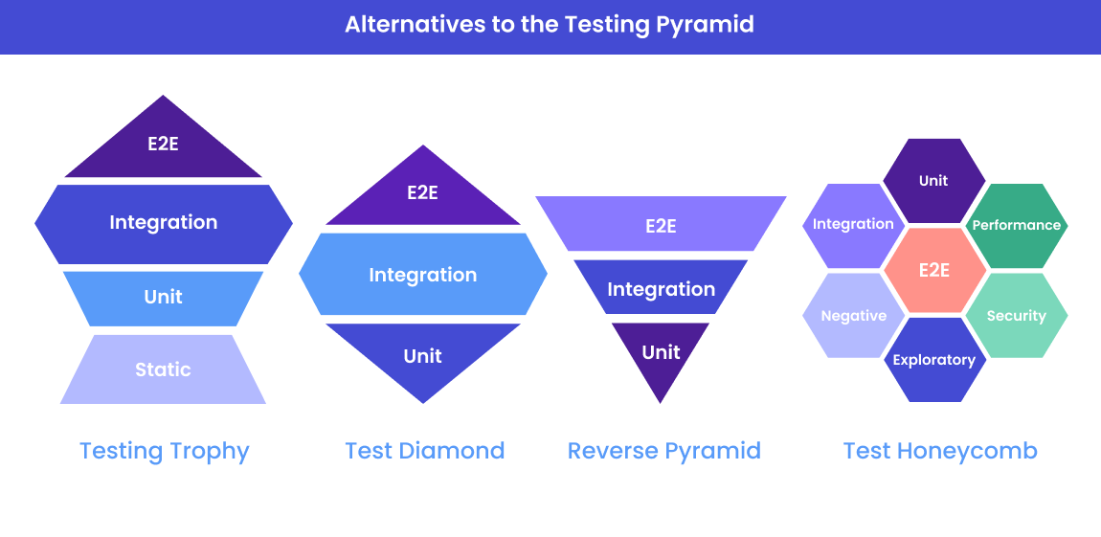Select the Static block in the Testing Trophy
pos(163,369)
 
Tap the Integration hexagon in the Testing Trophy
pos(163,223)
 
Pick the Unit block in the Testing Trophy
pos(163,298)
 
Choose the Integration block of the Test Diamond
pos(422,275)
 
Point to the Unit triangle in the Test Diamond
pos(422,357)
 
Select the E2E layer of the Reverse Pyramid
pos(661,226)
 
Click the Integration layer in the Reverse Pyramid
pos(661,288)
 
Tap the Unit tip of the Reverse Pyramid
pos(661,353)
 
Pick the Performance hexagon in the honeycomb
pos(1016,225)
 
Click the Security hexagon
pos(1016,316)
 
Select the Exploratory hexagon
pos(933,360)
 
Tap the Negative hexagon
pos(853,316)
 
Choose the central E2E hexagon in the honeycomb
pos(934,270)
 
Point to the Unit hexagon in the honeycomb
pos(933,181)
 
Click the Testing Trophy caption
pos(164,451)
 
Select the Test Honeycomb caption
pos(940,451)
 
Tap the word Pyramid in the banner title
pos(705,25)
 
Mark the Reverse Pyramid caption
pos(663,451)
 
